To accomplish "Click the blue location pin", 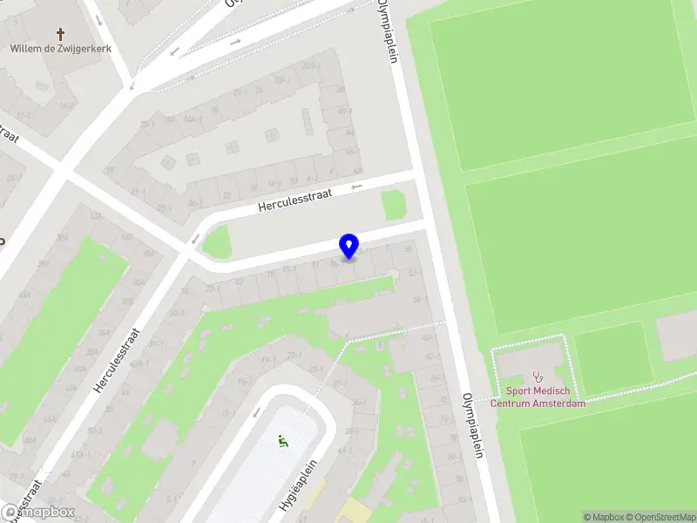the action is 348,246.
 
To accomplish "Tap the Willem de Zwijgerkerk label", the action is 61,50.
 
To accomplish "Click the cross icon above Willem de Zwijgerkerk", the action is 61,35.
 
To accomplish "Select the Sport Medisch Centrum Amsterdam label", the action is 538,397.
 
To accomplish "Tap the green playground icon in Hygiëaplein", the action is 281,442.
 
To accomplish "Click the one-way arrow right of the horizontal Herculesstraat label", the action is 355,187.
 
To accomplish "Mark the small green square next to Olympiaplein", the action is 394,206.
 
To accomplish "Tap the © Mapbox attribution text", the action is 602,517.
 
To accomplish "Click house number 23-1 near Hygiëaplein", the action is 294,355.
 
